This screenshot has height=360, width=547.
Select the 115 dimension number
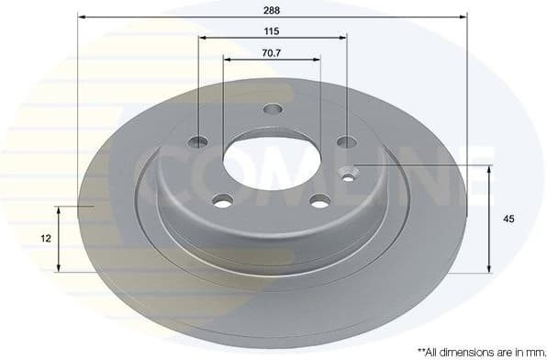(273, 30)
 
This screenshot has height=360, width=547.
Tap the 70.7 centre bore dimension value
(273, 52)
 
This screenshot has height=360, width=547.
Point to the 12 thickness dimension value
(46, 238)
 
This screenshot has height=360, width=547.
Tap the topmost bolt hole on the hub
(273, 110)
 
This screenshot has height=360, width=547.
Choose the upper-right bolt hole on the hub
(346, 141)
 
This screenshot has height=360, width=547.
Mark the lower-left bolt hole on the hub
(222, 199)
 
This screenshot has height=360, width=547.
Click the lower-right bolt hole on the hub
(319, 201)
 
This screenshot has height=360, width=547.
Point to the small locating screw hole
(351, 171)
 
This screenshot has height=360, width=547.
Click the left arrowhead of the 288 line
(81, 17)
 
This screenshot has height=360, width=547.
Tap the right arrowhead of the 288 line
(463, 17)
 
